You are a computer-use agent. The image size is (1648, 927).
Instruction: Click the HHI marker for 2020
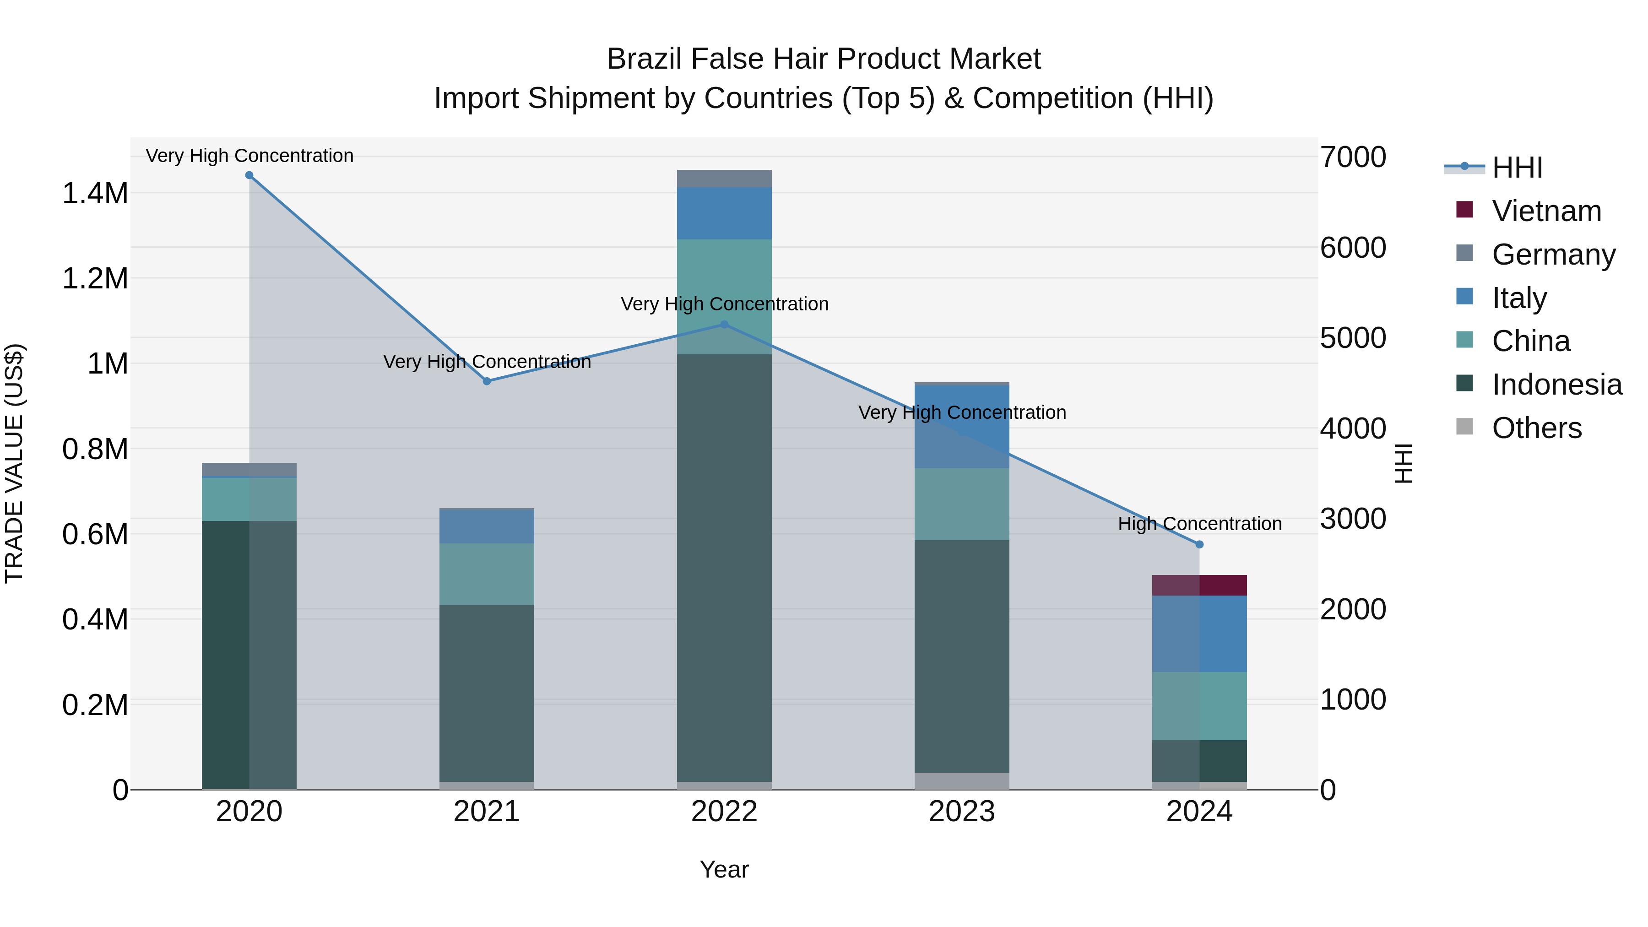(249, 175)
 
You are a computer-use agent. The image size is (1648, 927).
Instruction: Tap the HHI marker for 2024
(1199, 544)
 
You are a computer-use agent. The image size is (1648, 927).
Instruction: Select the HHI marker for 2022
(724, 325)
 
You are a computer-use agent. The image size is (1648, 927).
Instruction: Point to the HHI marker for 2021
(487, 381)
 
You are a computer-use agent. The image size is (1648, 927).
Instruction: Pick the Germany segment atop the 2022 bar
(724, 179)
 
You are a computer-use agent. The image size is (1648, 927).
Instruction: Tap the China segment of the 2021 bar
(487, 574)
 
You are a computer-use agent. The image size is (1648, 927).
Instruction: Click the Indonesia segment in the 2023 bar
(961, 656)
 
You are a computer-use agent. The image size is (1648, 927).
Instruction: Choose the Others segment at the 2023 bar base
(961, 781)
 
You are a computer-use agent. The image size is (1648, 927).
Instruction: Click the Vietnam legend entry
(1546, 211)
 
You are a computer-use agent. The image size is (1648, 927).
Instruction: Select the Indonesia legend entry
(1556, 385)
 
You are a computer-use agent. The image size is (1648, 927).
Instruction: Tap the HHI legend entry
(1516, 168)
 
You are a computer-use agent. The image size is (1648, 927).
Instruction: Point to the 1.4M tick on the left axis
(95, 193)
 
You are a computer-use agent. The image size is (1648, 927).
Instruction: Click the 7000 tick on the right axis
(1353, 157)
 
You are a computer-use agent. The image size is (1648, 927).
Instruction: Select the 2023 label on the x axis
(961, 812)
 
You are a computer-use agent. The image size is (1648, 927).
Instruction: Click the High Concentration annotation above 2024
(1199, 524)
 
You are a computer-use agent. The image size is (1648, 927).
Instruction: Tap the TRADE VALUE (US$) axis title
(14, 463)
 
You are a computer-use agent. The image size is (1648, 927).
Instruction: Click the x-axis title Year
(724, 869)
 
